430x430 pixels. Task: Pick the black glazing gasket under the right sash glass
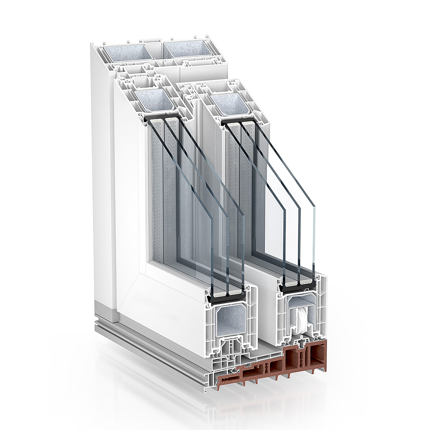point(298,287)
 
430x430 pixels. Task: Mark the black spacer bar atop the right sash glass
point(239,122)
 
